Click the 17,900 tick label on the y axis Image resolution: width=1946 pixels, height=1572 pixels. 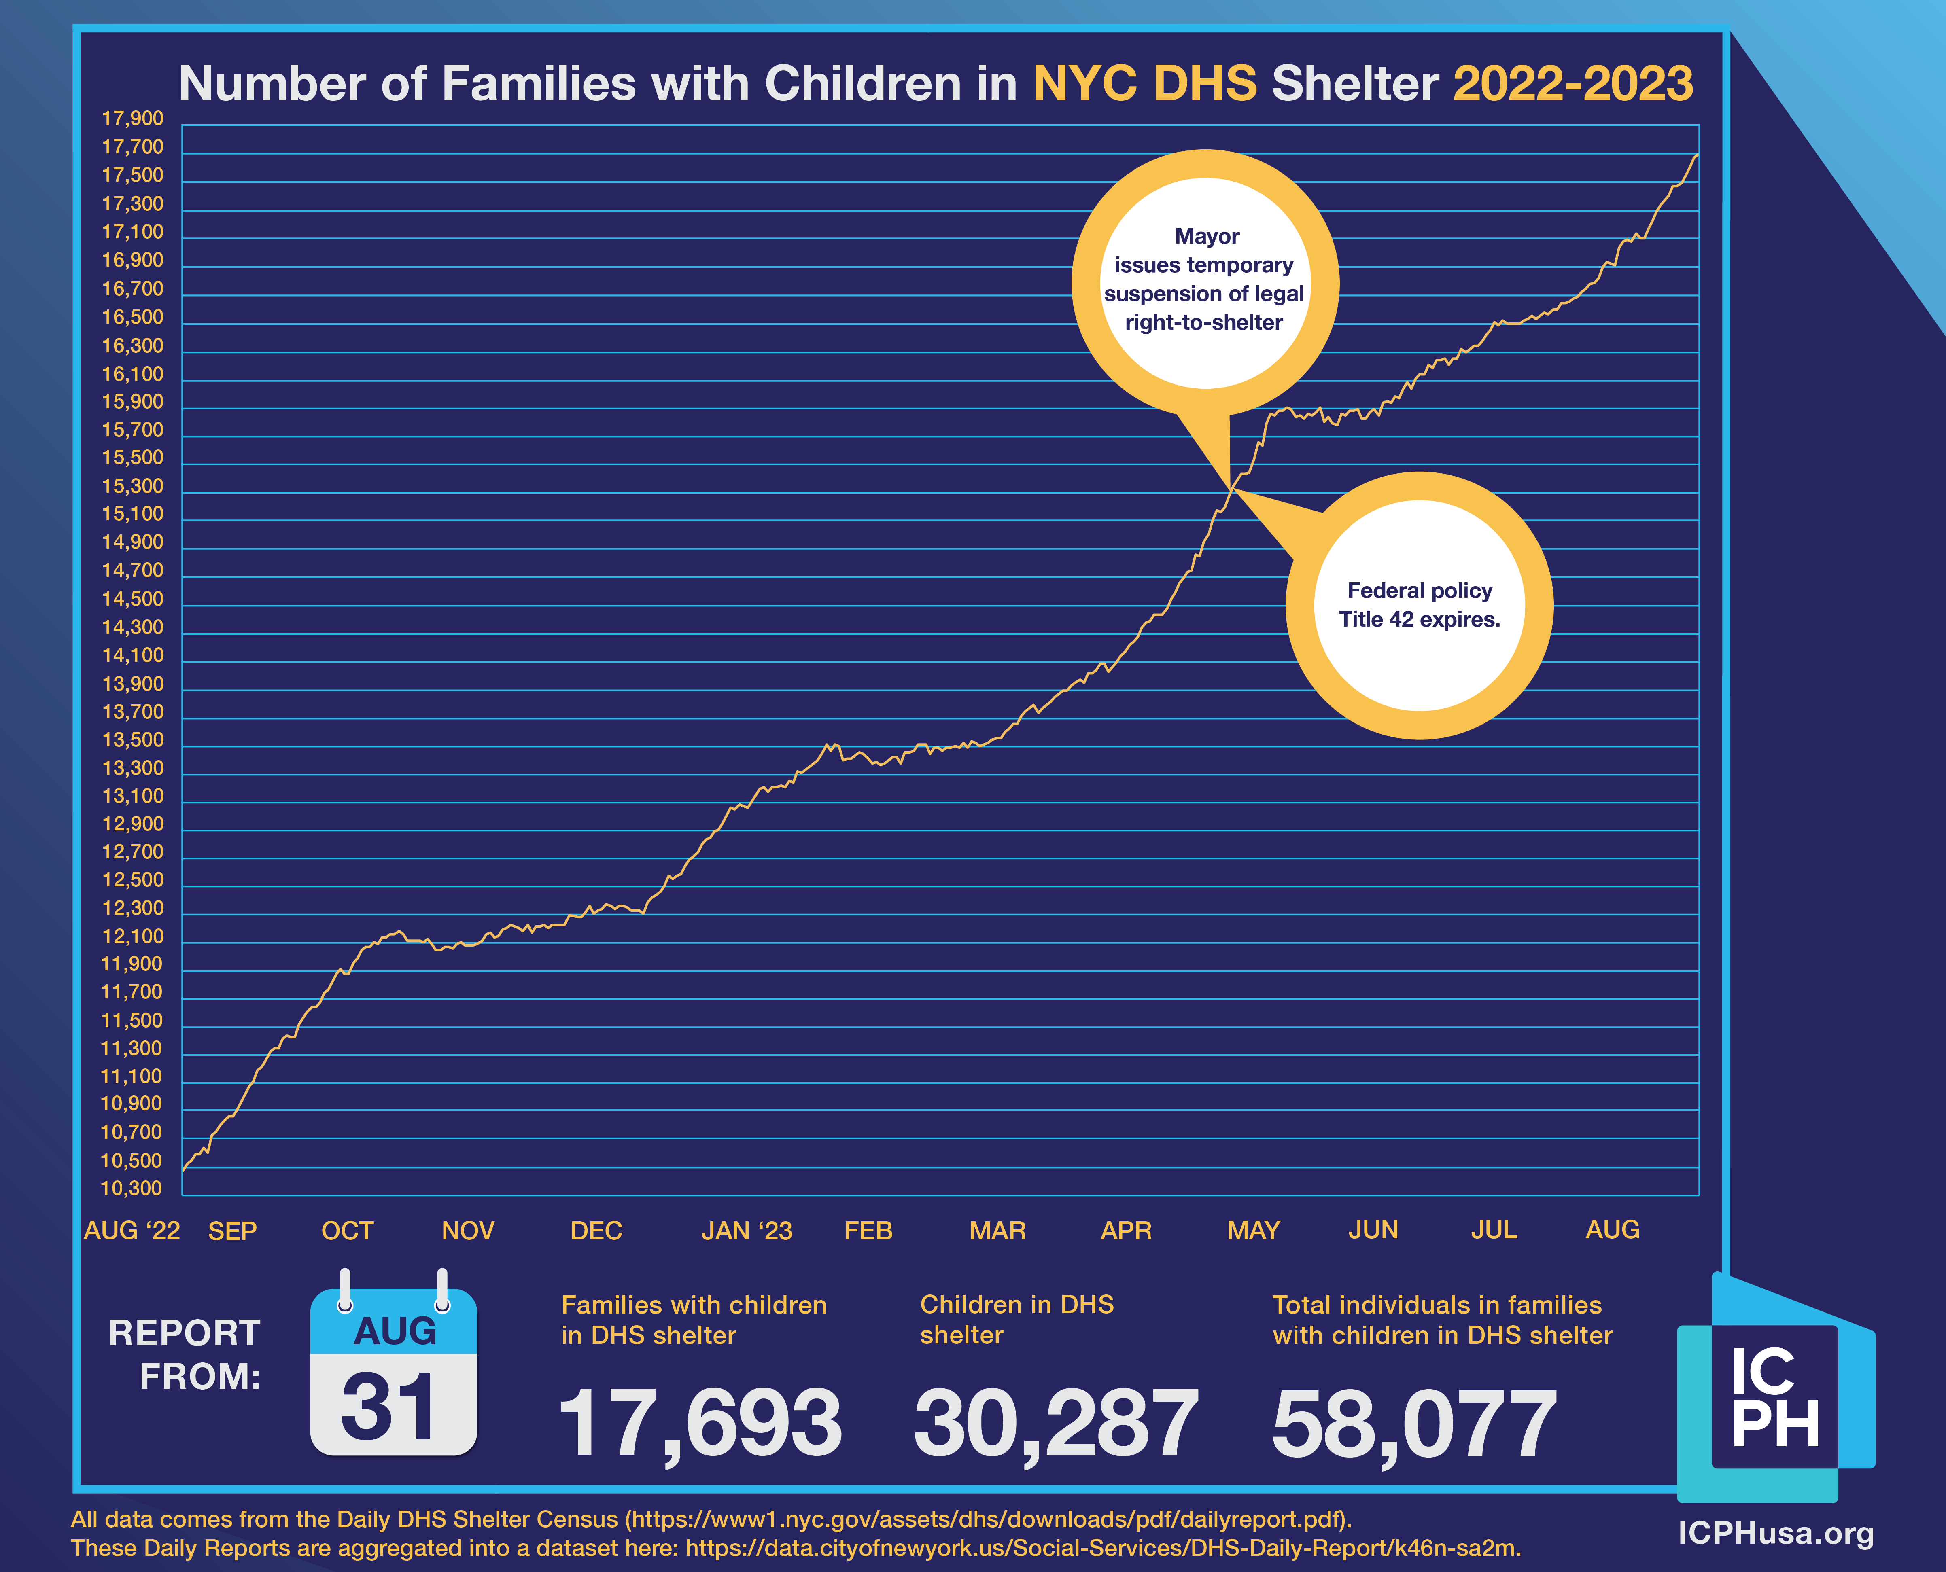[132, 119]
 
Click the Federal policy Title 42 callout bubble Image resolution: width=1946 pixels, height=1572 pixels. [1419, 605]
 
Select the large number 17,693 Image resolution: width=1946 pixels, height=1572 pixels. [700, 1424]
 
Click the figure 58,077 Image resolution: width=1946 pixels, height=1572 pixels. [1414, 1424]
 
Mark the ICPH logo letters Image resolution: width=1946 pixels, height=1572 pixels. [1774, 1399]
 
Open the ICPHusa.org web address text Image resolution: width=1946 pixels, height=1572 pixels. [1776, 1533]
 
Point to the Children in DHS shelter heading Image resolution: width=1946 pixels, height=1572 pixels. [1017, 1319]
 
